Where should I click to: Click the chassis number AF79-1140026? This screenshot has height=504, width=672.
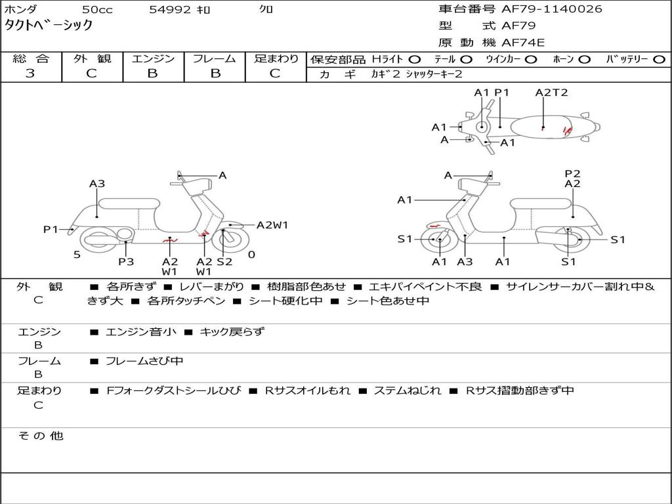[551, 9]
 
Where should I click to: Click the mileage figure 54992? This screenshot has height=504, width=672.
[169, 10]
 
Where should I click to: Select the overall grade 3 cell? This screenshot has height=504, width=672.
[30, 73]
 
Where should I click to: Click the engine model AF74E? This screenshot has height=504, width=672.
[523, 43]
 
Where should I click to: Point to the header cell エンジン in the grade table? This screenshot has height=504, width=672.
[153, 59]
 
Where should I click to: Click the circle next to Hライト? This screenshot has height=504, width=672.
[415, 60]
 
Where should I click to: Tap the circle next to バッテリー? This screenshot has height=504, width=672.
[659, 60]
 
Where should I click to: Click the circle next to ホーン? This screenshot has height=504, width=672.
[585, 60]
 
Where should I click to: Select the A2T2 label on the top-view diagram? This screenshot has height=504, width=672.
[551, 93]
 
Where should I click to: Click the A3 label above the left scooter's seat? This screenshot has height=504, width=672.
[97, 184]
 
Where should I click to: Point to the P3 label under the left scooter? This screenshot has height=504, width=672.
[126, 262]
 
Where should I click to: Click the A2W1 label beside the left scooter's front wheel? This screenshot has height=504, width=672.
[272, 225]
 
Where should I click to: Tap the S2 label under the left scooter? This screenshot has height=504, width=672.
[224, 262]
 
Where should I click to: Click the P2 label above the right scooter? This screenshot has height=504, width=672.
[572, 174]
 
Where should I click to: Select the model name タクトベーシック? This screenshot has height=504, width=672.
[49, 26]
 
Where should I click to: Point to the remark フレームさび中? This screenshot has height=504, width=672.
[144, 361]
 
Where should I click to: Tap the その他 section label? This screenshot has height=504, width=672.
[40, 436]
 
